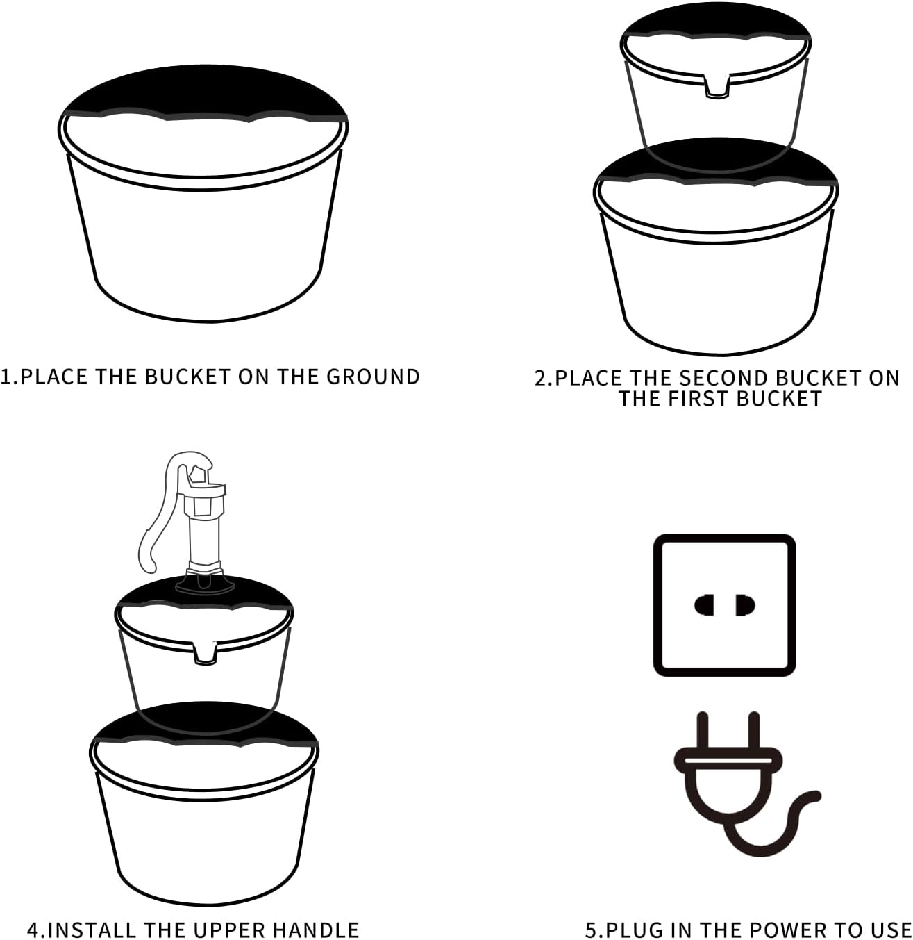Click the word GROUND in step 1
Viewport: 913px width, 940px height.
coord(373,377)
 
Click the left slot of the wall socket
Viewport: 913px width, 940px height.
coord(704,605)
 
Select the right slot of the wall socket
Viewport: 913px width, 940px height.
coord(746,605)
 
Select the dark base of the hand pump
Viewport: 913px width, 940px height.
coord(205,582)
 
